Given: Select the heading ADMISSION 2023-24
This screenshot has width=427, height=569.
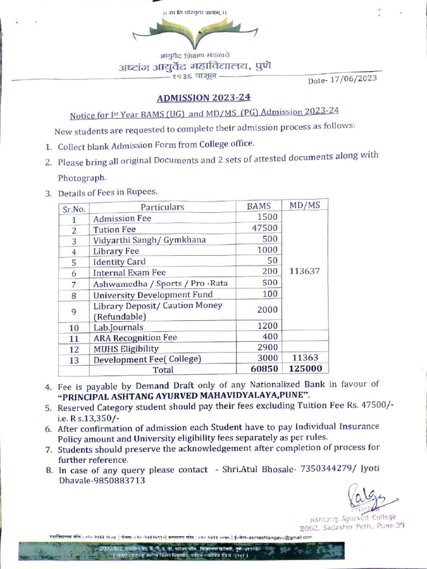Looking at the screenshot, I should pyautogui.click(x=203, y=98).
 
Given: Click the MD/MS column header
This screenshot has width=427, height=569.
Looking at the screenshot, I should pyautogui.click(x=305, y=205).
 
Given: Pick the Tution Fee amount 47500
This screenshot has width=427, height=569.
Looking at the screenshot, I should pyautogui.click(x=265, y=228).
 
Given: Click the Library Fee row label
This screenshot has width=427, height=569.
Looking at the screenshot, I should pyautogui.click(x=116, y=251).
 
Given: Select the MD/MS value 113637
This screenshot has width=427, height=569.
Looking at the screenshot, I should pyautogui.click(x=305, y=272).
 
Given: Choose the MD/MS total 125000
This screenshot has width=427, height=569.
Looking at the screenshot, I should pyautogui.click(x=305, y=368).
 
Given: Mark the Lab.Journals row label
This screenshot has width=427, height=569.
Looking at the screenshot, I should pyautogui.click(x=118, y=327).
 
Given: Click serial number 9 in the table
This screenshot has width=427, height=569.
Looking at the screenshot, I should pyautogui.click(x=73, y=311).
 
